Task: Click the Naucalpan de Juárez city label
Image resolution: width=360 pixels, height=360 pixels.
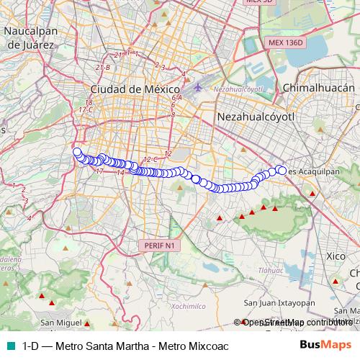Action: [x=33, y=37]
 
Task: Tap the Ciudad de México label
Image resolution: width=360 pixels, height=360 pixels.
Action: [x=129, y=89]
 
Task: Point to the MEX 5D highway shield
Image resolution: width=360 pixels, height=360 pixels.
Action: [x=261, y=2]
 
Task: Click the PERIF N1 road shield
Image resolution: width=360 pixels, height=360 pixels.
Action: [x=160, y=246]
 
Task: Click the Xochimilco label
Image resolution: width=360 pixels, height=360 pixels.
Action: [x=169, y=305]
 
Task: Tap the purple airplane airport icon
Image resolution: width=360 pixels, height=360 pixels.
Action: [x=199, y=88]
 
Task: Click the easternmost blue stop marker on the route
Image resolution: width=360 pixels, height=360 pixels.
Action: [x=282, y=171]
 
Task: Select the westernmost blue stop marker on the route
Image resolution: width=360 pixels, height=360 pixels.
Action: [x=76, y=151]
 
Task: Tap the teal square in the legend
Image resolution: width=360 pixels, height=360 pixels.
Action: [x=9, y=346]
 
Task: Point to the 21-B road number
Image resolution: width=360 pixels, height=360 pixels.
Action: [x=102, y=67]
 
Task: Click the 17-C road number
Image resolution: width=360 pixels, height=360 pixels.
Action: [x=86, y=109]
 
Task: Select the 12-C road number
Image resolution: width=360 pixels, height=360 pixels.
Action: [x=150, y=158]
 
